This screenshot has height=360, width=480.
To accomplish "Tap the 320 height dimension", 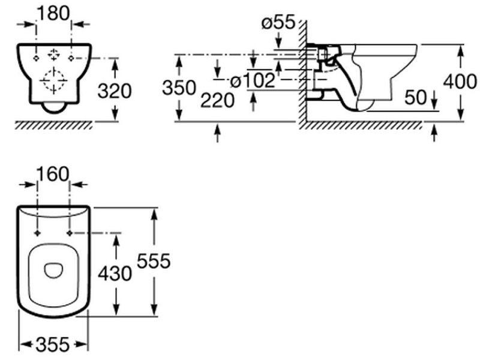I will [114, 91].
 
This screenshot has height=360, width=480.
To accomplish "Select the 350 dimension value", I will [179, 88].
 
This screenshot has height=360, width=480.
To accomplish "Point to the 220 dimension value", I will [217, 100].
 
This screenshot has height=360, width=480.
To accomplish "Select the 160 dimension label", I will [53, 173].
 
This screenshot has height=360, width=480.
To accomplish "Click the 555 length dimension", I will [154, 261].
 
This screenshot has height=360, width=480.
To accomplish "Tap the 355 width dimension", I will [53, 344].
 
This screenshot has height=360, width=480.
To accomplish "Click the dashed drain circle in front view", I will [54, 80].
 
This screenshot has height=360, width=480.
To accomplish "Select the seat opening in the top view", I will [55, 271].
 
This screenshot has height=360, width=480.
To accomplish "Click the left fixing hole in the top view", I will [38, 232].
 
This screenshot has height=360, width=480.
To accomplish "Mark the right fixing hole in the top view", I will [71, 232].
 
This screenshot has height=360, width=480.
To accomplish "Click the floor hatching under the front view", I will [54, 125].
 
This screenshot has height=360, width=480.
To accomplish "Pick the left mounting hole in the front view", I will [37, 58].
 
